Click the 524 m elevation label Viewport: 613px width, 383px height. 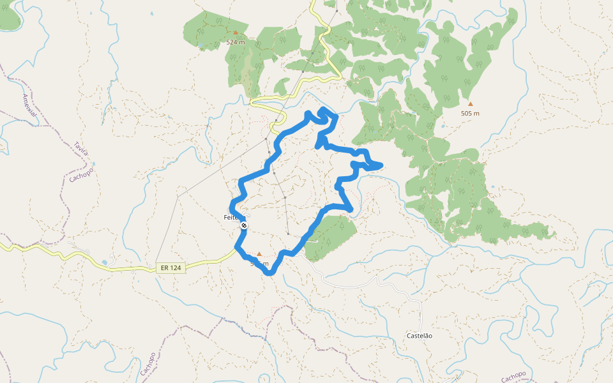236,42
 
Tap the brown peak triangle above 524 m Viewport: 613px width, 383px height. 236,32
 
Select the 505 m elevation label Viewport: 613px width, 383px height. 470,113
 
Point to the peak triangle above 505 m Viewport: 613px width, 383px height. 471,103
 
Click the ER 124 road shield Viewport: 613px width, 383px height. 170,268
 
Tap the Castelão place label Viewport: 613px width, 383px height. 420,335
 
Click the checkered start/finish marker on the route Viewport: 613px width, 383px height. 244,225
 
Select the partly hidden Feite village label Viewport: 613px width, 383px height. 231,217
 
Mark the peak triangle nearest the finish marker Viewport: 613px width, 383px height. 259,253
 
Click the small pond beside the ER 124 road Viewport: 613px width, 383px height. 104,262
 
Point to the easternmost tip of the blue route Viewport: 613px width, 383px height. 381,166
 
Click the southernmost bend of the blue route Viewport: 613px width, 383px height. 271,273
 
